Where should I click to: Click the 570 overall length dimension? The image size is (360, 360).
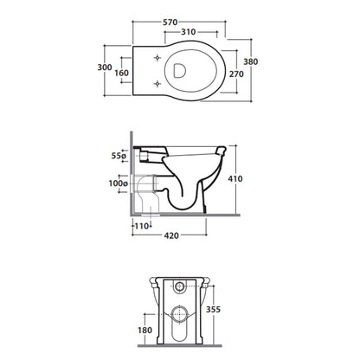tap(170, 22)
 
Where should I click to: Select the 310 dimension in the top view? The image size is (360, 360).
tap(189, 32)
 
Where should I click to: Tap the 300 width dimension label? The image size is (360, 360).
tap(105, 67)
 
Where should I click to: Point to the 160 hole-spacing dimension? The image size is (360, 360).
tap(121, 73)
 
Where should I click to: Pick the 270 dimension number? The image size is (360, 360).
tap(236, 74)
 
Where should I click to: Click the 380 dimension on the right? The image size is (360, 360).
tap(251, 61)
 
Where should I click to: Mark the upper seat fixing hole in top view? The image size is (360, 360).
tap(157, 58)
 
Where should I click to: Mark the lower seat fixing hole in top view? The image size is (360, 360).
tap(157, 84)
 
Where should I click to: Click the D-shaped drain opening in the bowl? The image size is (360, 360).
tap(179, 70)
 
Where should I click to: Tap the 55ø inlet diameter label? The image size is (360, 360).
tap(119, 156)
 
